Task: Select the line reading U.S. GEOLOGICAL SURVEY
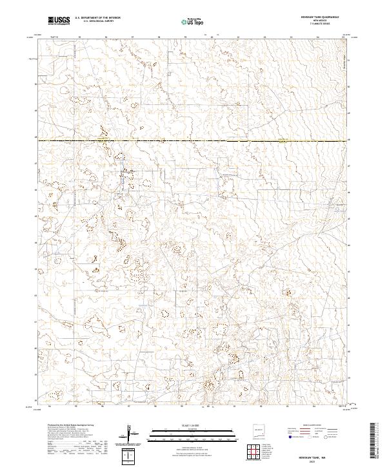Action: (97, 22)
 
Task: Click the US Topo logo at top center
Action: (190, 22)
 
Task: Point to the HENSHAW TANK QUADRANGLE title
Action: (321, 18)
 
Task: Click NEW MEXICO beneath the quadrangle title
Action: (321, 21)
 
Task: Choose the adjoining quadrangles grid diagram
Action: (258, 451)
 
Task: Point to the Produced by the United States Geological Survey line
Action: (68, 426)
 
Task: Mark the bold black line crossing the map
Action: (193, 140)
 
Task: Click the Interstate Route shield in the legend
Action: (290, 437)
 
